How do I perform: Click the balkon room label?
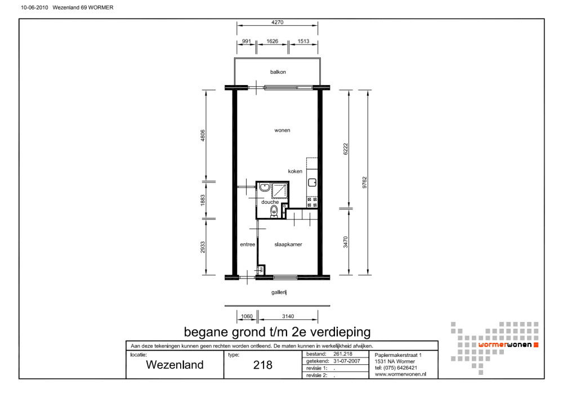click(278, 72)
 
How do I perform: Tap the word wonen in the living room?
click(282, 130)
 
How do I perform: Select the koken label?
click(295, 171)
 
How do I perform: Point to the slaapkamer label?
click(288, 244)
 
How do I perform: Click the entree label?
click(247, 244)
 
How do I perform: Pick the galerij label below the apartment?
click(279, 292)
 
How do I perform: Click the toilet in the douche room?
click(274, 212)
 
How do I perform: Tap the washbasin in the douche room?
click(265, 187)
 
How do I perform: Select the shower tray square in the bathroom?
click(280, 190)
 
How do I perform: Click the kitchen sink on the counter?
click(312, 182)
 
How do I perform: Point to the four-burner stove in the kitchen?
click(312, 202)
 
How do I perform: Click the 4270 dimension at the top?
click(277, 23)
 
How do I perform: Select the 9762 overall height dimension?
click(364, 182)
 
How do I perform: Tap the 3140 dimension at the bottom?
click(288, 316)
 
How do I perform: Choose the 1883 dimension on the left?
click(203, 200)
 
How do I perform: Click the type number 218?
click(263, 365)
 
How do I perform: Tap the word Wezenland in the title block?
click(175, 365)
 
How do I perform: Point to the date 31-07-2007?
click(346, 361)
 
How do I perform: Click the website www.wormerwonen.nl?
click(400, 374)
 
